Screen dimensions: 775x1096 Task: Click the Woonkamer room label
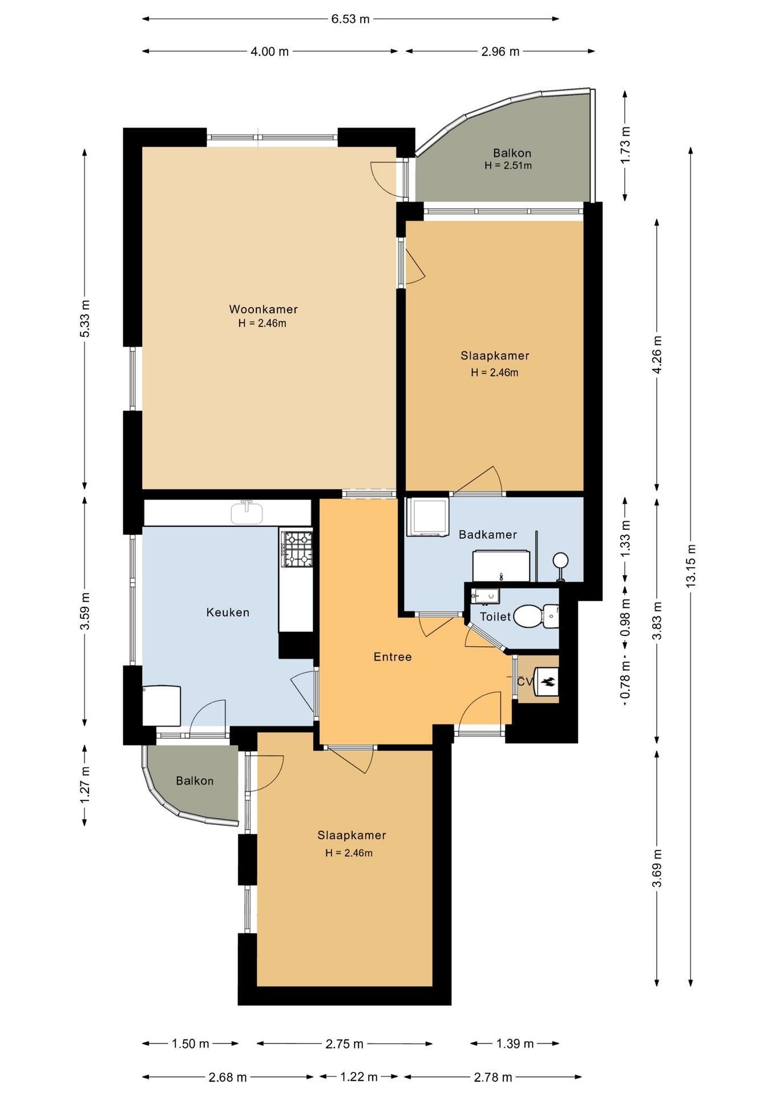[263, 309]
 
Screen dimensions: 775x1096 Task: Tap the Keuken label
[228, 613]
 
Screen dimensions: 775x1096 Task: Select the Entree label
[393, 657]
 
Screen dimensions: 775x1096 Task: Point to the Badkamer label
[488, 535]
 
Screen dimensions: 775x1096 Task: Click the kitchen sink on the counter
[247, 512]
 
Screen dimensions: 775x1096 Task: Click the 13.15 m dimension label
[691, 565]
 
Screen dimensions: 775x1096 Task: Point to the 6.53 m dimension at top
[350, 19]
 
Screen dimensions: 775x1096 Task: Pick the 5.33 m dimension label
[84, 319]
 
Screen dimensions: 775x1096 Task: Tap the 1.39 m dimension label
[515, 1043]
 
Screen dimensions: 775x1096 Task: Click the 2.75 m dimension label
[344, 1043]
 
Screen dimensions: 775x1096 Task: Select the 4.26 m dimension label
[657, 354]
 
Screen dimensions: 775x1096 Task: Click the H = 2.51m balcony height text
[508, 166]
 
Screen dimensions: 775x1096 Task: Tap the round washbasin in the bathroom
[560, 560]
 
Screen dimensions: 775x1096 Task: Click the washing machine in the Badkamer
[427, 517]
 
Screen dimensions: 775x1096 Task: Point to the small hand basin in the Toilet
[485, 595]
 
